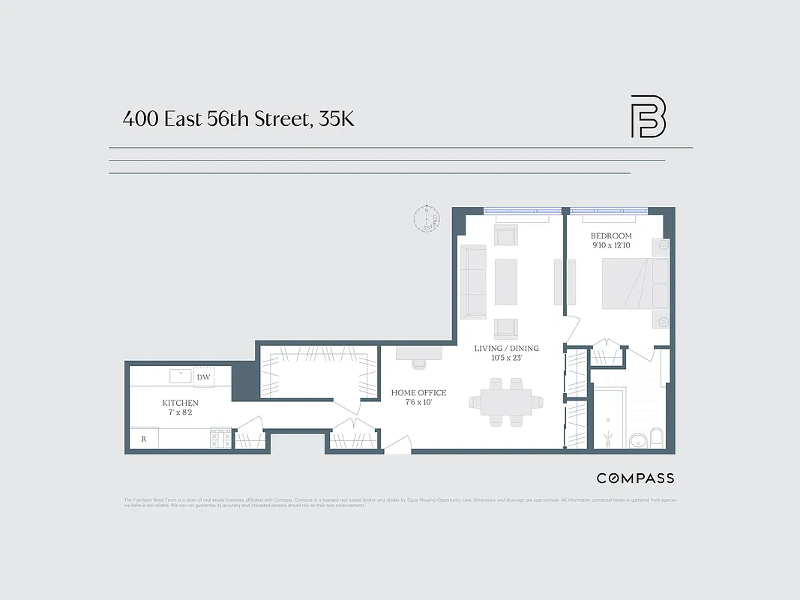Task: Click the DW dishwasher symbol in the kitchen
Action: (203, 377)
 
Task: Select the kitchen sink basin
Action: (181, 376)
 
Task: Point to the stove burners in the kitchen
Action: (220, 439)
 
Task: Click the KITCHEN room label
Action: (180, 403)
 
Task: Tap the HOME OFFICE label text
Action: (418, 392)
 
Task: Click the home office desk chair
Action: (418, 364)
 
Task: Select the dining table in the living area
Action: (501, 402)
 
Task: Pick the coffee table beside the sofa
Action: (506, 281)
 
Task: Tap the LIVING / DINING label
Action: (507, 348)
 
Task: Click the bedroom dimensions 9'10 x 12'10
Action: (612, 245)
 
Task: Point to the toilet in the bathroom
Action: (657, 438)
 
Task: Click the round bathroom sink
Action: (637, 440)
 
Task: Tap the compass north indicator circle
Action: (426, 218)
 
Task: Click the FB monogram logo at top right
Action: (648, 116)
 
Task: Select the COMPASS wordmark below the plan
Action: (635, 478)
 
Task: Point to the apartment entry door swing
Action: (397, 445)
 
